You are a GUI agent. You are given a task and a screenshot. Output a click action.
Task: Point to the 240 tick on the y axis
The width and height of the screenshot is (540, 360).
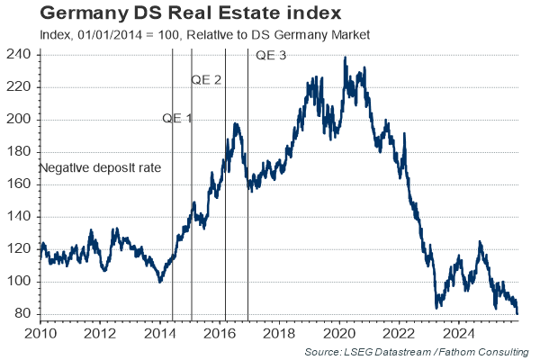(x=22, y=55)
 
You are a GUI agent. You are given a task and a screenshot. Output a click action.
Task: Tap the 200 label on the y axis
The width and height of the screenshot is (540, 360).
(x=22, y=120)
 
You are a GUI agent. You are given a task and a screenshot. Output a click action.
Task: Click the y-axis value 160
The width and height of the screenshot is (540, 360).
(x=22, y=184)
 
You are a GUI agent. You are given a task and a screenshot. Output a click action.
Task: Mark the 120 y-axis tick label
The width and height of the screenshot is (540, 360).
(x=22, y=249)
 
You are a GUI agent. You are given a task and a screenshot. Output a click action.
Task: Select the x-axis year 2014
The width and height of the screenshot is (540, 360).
(x=160, y=333)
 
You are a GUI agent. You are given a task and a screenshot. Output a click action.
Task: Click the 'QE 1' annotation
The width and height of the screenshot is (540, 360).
(x=177, y=119)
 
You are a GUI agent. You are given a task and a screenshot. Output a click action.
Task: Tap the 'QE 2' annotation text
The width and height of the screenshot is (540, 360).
(x=206, y=80)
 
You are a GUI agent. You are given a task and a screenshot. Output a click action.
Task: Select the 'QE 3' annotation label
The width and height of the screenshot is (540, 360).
(x=272, y=56)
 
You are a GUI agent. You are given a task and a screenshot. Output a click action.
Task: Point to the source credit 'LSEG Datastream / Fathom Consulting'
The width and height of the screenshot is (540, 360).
(x=416, y=350)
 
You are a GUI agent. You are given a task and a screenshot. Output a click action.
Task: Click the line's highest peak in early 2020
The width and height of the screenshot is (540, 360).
(x=346, y=58)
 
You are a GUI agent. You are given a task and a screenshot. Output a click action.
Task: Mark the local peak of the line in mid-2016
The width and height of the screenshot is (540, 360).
(x=236, y=124)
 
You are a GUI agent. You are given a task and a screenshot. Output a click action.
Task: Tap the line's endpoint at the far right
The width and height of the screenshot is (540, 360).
(x=517, y=313)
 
